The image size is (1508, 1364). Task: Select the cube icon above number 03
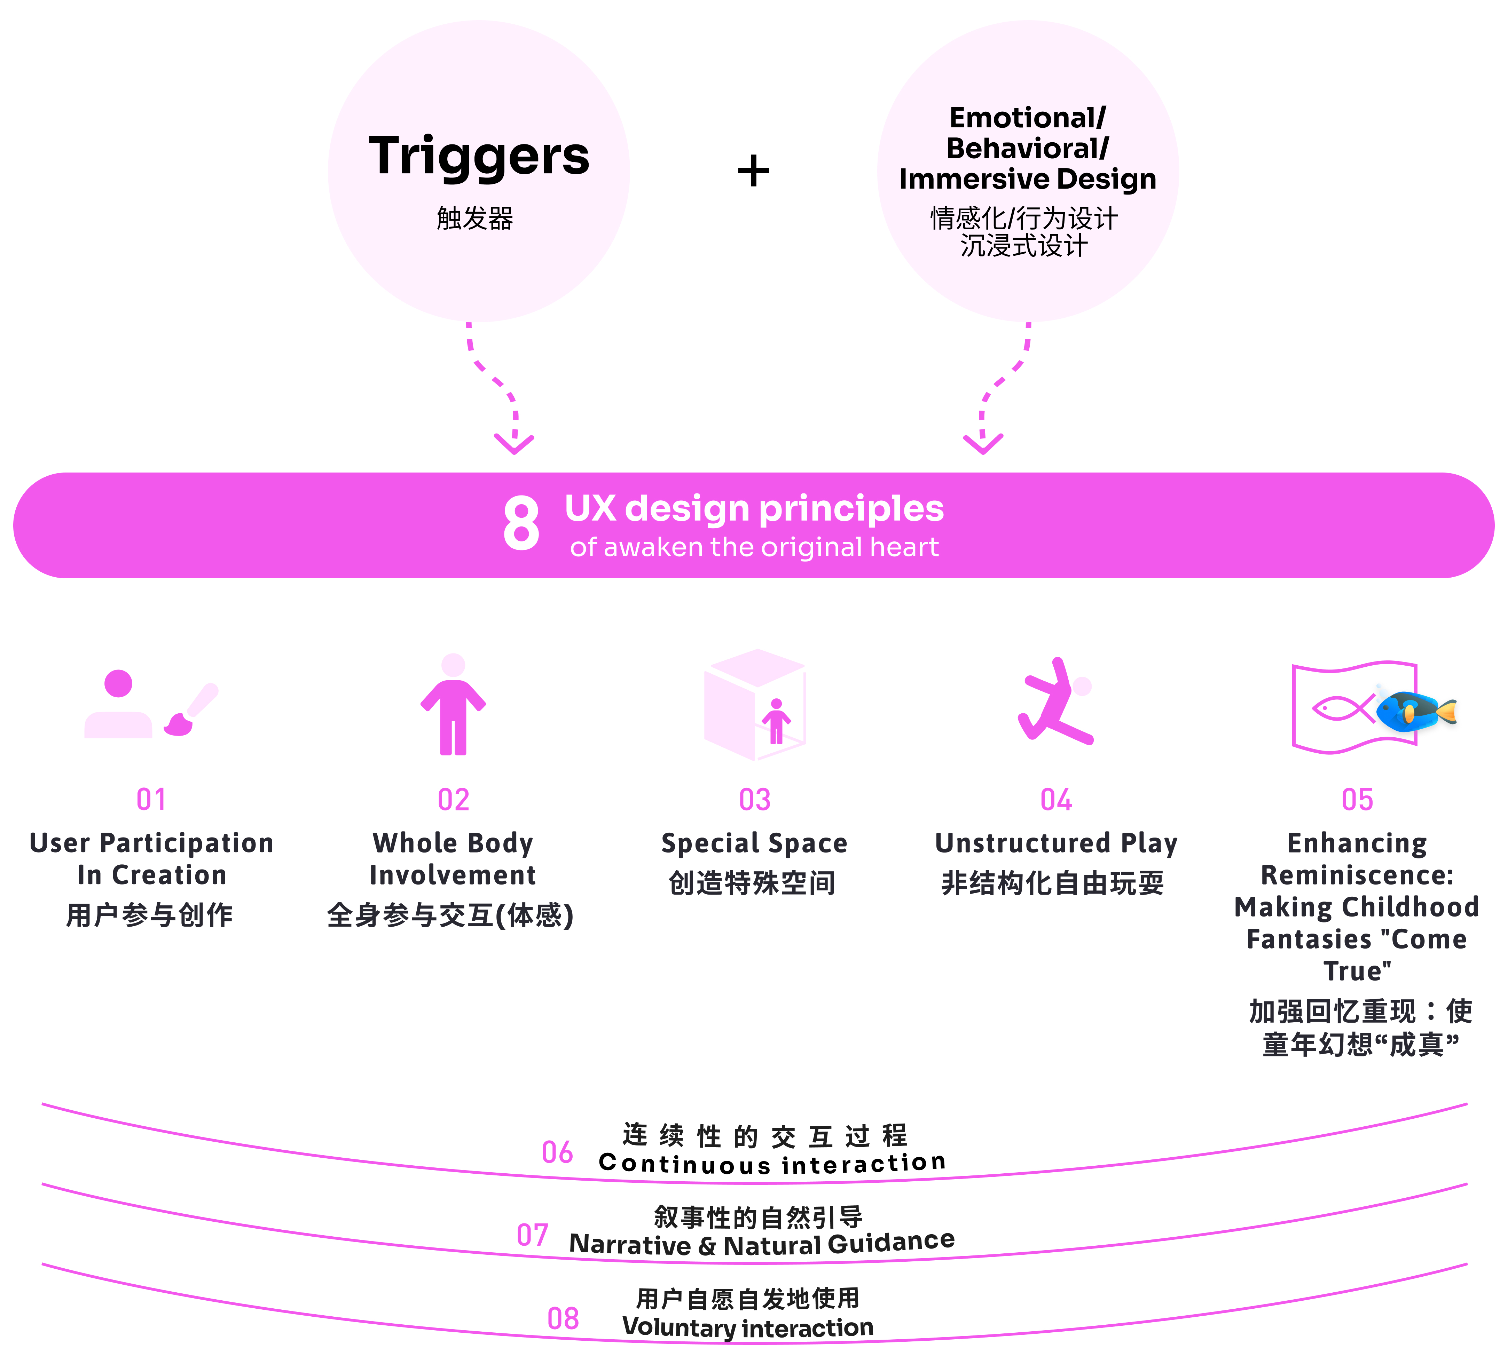[755, 704]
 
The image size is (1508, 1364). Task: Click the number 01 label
[151, 800]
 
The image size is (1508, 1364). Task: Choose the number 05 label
[1357, 800]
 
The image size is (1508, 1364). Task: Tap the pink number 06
[557, 1152]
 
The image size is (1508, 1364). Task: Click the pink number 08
[563, 1318]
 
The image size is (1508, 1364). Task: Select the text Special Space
[754, 843]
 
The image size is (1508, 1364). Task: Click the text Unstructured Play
[1055, 843]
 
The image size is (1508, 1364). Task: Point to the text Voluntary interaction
[748, 1327]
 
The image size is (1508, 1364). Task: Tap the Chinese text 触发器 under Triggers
[475, 219]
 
